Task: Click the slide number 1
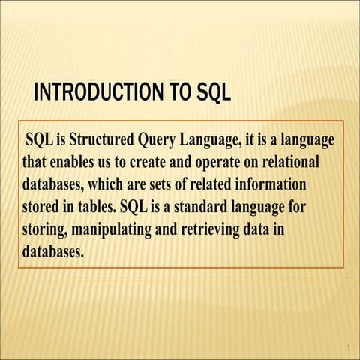[x=349, y=347]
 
